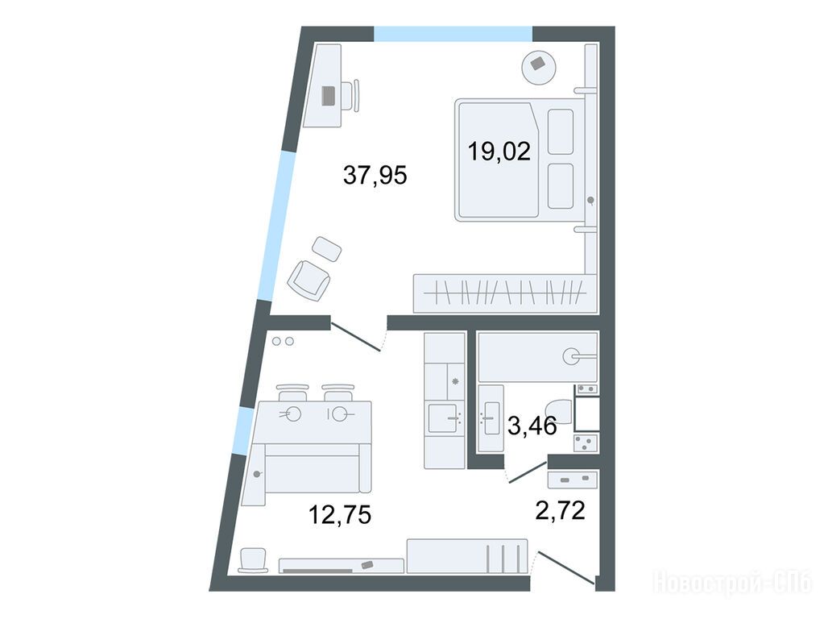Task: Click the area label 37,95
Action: tap(375, 175)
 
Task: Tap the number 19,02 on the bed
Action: tap(499, 152)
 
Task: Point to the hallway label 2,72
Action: tap(560, 510)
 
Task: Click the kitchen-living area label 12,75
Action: tap(340, 514)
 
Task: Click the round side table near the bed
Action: tap(539, 67)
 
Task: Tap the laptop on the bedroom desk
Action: tap(328, 96)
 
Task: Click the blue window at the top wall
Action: tap(453, 34)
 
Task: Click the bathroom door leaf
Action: tap(528, 472)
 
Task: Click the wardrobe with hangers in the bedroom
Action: tap(505, 293)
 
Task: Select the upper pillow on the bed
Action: tap(560, 131)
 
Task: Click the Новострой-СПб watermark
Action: tap(732, 582)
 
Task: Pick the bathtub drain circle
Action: tap(571, 356)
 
